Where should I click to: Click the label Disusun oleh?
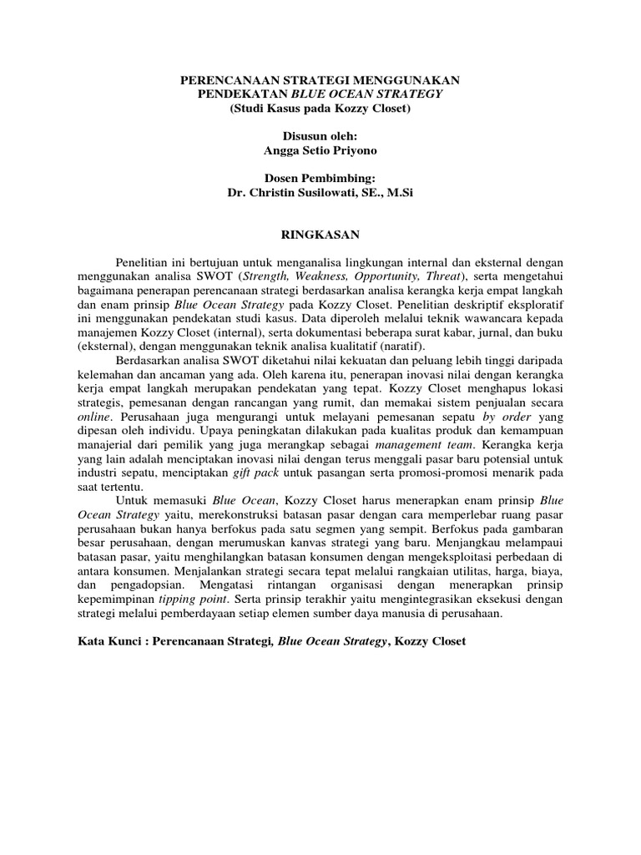pos(320,135)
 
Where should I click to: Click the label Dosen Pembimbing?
pos(320,178)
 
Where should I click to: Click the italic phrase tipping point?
pos(186,600)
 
